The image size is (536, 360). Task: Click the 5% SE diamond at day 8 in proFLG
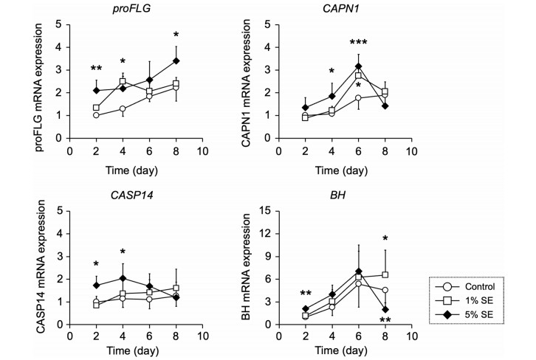[176, 60]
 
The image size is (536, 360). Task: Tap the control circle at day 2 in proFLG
[97, 115]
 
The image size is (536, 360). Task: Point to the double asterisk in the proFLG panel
[97, 69]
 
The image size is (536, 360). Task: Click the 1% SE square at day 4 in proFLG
[123, 81]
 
